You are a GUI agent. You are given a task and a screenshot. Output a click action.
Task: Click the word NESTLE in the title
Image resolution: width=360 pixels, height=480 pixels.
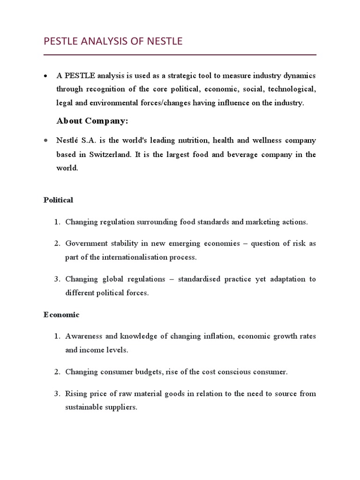[x=164, y=42]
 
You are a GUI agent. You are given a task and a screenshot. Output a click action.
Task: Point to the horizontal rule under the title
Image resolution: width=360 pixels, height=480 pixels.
[x=180, y=55]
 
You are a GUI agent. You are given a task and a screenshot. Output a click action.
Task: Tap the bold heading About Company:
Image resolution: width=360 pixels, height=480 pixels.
[x=92, y=121]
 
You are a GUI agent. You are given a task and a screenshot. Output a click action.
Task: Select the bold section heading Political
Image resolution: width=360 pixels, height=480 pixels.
[x=58, y=200]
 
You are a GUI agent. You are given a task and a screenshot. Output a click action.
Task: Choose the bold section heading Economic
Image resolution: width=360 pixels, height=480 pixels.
[x=61, y=315]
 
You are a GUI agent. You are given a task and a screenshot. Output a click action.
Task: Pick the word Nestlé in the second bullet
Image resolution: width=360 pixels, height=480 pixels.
[x=68, y=141]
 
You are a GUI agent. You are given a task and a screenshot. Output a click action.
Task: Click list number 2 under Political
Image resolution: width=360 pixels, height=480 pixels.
[x=57, y=244]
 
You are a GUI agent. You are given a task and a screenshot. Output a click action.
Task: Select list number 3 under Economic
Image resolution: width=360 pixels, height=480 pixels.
[x=57, y=393]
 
